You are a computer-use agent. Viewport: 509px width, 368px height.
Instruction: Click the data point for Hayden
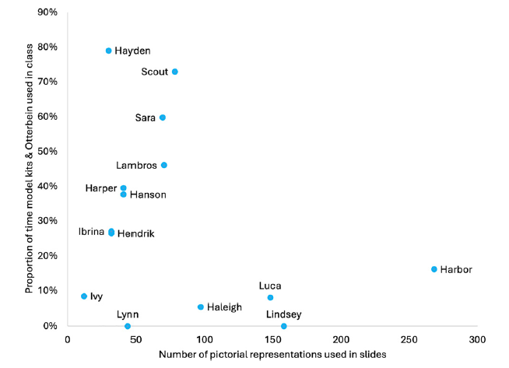tap(109, 51)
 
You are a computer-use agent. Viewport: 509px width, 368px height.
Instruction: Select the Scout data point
tap(175, 72)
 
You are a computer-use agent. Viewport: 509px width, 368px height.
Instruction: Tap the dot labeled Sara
tap(163, 117)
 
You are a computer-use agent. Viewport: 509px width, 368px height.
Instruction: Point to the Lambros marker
tap(164, 165)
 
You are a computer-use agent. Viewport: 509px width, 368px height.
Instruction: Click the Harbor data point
tap(434, 269)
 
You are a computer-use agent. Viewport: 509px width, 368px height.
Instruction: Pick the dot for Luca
tap(270, 297)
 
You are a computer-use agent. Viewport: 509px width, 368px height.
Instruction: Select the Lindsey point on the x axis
tap(284, 326)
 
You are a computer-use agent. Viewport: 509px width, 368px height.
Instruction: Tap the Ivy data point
tap(84, 296)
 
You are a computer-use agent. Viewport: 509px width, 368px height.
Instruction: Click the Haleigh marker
tap(201, 307)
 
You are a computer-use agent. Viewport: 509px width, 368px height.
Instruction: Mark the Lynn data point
tap(128, 326)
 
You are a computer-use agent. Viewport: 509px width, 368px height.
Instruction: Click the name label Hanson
tap(148, 195)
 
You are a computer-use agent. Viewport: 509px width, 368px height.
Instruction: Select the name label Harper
tap(101, 188)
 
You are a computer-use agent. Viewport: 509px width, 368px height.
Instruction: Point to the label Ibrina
tap(91, 232)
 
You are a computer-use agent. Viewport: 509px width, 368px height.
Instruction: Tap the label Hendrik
tap(136, 233)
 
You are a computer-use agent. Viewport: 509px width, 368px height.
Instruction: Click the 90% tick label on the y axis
tap(47, 12)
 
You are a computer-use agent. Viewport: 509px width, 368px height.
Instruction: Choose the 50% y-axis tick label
tap(47, 151)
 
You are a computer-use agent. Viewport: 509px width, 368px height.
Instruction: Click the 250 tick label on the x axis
tap(409, 340)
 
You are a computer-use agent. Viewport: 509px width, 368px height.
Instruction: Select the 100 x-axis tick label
tap(205, 340)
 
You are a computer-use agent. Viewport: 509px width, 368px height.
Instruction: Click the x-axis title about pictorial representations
tap(272, 354)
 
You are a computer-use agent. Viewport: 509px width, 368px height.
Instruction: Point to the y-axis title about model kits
tap(30, 168)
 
